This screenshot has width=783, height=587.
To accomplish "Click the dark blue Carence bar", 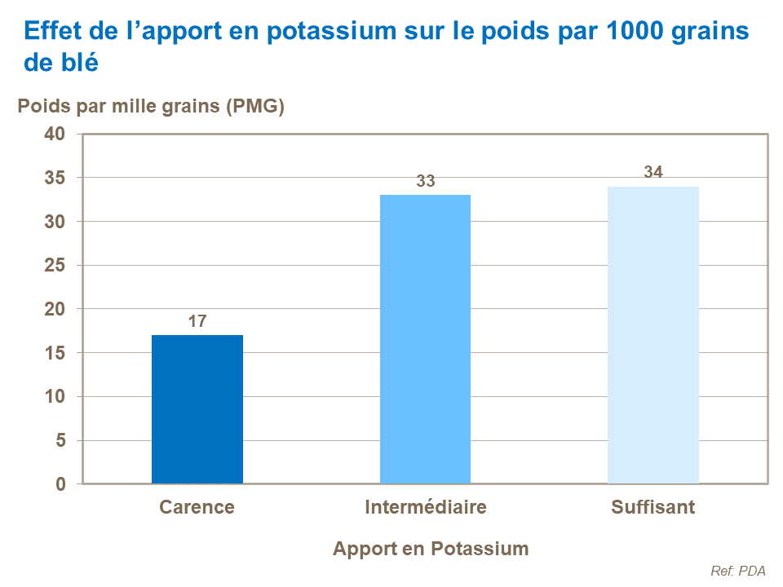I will [x=197, y=409].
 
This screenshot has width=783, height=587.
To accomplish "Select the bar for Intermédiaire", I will [x=425, y=339].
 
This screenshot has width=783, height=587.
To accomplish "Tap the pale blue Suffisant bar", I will [x=652, y=335].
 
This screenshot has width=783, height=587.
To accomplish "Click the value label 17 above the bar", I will [x=197, y=322].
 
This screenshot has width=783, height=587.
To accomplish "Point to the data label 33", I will [x=426, y=182].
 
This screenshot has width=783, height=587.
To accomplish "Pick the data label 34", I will [x=653, y=173].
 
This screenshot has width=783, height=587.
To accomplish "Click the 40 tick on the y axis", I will [x=54, y=134].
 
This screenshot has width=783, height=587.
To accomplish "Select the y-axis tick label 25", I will [x=54, y=266].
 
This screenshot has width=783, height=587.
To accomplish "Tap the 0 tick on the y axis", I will [x=60, y=484].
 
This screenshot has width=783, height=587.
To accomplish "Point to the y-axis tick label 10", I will [x=54, y=397].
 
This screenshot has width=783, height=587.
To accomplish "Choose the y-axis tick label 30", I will [x=54, y=222].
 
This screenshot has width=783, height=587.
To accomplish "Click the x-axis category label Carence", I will [x=197, y=507].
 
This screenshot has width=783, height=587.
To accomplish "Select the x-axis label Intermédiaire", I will [x=426, y=507].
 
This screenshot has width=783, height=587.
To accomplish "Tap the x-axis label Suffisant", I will [x=652, y=507].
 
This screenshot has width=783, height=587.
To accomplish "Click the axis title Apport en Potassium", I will [x=431, y=549].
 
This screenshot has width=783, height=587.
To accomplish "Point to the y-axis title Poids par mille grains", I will [x=151, y=107].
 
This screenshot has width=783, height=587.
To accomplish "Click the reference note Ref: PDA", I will [x=738, y=572].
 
